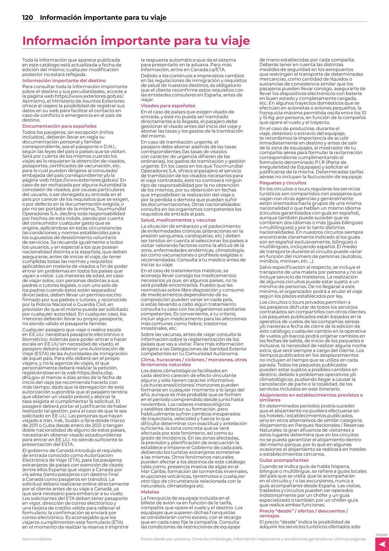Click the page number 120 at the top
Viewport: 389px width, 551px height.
(28, 18)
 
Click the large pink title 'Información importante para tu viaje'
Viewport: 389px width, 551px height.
(136, 41)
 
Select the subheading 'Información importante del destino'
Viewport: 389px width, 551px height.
(64, 80)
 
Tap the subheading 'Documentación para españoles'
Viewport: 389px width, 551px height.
(59, 126)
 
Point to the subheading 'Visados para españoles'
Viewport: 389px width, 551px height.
(168, 106)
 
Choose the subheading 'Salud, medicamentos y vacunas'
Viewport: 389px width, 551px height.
(178, 220)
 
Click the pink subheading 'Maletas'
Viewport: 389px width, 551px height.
(150, 492)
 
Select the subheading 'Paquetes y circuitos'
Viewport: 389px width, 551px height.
(283, 183)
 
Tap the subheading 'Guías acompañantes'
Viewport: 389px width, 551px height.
(284, 460)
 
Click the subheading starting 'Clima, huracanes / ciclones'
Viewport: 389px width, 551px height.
(194, 360)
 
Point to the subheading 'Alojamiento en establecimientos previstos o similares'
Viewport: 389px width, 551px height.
(311, 395)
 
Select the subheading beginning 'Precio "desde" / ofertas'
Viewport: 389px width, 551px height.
(303, 511)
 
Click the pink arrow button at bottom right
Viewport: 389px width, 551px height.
(382, 544)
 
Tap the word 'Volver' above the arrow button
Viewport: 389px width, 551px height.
(382, 535)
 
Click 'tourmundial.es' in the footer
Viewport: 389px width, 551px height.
(37, 539)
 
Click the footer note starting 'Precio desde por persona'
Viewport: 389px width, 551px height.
(253, 539)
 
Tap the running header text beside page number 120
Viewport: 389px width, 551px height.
(103, 18)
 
